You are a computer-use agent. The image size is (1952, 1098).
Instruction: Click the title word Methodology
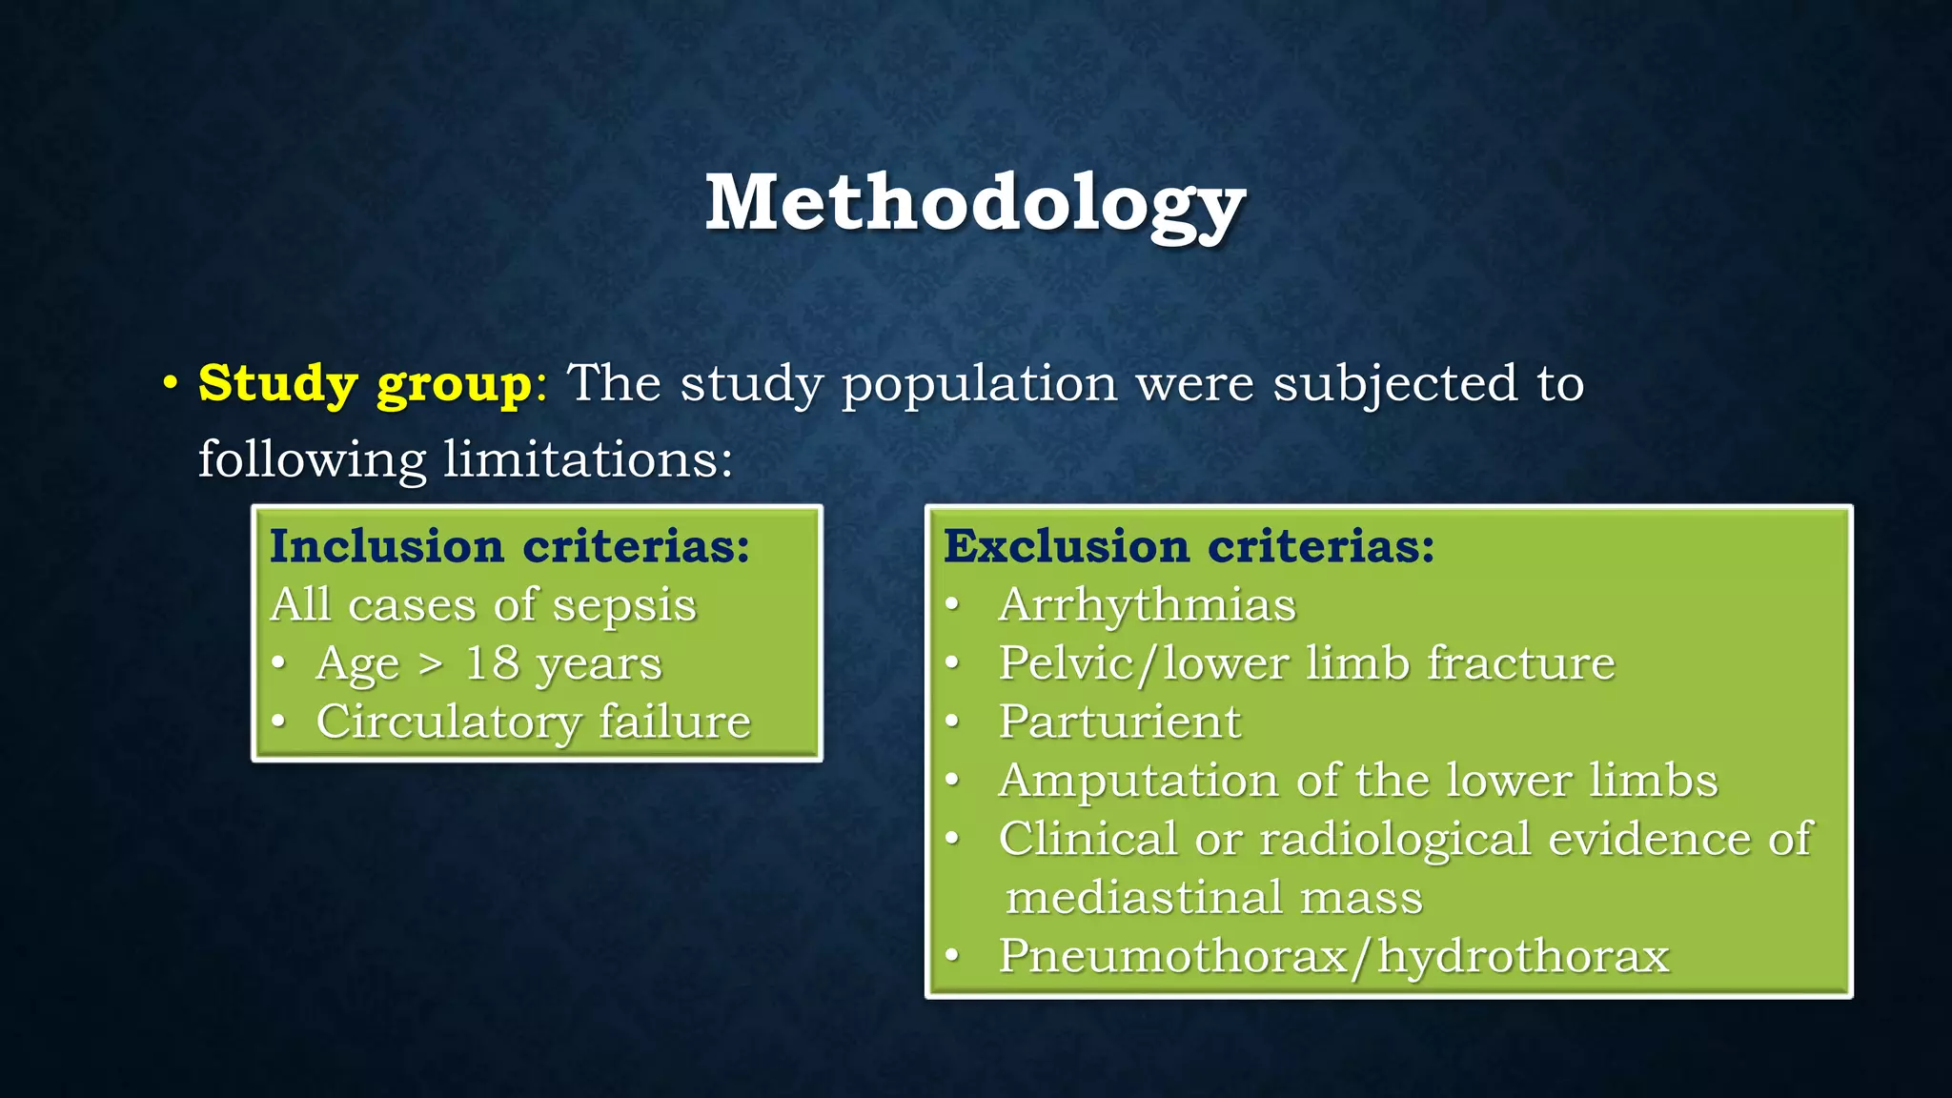[974, 203]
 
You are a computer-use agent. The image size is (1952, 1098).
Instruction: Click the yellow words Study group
[364, 384]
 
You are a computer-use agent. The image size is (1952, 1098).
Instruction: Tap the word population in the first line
[979, 384]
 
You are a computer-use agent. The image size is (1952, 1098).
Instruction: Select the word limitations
[587, 459]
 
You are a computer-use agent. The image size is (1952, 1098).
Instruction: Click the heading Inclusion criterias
[510, 546]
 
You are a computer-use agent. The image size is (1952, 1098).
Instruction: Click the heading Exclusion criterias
[1189, 546]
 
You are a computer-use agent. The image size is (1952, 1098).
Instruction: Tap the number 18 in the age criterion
[491, 663]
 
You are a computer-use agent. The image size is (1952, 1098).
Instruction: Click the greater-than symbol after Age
[431, 664]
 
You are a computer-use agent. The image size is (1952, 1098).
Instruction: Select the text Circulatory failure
[533, 722]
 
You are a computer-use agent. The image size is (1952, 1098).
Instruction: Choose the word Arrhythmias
[1147, 605]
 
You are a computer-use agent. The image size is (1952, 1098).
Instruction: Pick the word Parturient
[1119, 722]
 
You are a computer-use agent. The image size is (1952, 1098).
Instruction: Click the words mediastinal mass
[1213, 898]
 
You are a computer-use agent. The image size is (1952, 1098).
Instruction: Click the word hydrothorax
[1523, 956]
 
